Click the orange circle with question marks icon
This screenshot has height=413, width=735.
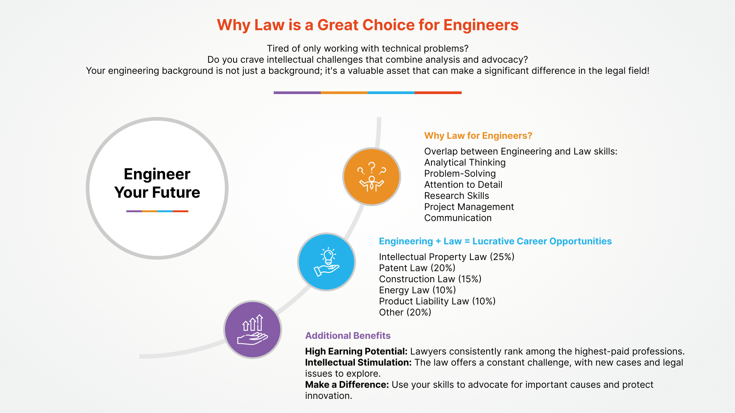click(371, 177)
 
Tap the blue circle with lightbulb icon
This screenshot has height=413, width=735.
click(327, 262)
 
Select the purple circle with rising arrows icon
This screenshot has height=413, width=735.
click(253, 330)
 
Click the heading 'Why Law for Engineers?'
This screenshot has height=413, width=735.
click(478, 136)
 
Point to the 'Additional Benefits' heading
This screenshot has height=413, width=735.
click(348, 336)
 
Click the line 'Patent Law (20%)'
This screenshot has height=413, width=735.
click(417, 268)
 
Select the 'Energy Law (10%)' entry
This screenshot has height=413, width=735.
click(417, 290)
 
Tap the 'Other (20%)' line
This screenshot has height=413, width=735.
click(405, 312)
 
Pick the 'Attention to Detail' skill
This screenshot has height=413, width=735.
click(463, 185)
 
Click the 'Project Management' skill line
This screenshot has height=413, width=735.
click(469, 207)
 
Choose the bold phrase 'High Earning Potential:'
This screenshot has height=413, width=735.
click(356, 351)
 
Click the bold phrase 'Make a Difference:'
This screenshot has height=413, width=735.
click(347, 385)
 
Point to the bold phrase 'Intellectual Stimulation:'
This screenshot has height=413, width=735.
click(358, 363)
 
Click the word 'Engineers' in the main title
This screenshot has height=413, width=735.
click(481, 25)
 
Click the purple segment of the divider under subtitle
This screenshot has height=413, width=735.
click(297, 93)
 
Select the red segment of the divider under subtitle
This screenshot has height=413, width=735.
click(438, 93)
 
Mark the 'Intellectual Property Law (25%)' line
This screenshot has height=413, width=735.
click(446, 257)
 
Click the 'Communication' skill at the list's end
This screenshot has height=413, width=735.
click(457, 218)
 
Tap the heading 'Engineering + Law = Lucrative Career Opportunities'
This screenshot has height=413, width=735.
click(495, 241)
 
